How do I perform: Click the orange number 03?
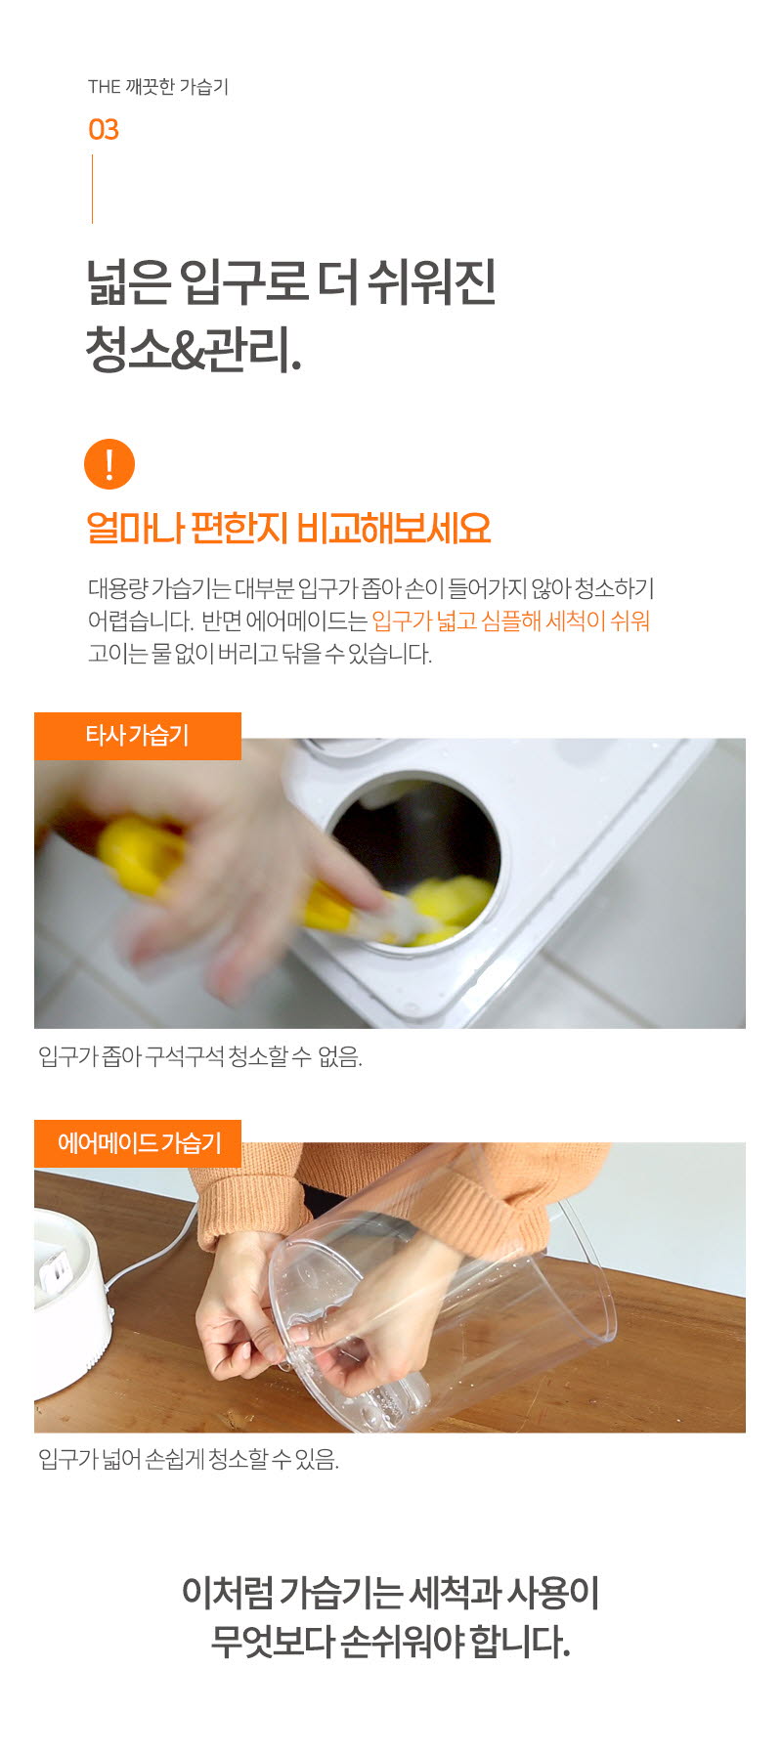[x=104, y=129]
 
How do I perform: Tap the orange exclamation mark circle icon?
[x=109, y=463]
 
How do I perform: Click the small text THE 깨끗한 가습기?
[x=158, y=87]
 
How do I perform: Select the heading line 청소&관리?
[x=194, y=349]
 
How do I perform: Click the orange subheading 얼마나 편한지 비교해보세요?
[x=288, y=528]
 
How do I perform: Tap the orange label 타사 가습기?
[x=138, y=736]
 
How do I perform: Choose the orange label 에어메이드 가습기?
[x=138, y=1143]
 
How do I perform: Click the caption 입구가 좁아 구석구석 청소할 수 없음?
[x=200, y=1056]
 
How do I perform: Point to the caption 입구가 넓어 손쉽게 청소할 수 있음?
[x=189, y=1460]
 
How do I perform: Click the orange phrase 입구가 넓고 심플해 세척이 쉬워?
[x=511, y=620]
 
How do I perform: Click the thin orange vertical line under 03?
[x=93, y=189]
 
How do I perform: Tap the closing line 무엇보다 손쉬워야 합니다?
[x=390, y=1642]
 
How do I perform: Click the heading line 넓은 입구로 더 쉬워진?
[x=291, y=282]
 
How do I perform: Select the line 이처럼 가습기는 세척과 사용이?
[x=390, y=1593]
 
